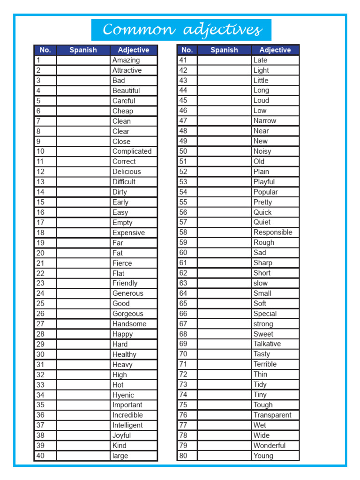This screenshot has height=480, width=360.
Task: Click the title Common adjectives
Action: (x=181, y=30)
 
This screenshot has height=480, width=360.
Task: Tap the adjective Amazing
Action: (x=126, y=60)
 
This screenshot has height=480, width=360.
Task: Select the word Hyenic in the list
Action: (x=123, y=395)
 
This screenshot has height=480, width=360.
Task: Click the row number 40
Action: (x=40, y=456)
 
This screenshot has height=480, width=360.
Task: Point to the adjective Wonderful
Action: (x=269, y=445)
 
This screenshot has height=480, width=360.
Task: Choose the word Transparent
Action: (x=272, y=415)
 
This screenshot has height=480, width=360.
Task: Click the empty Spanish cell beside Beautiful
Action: (x=83, y=90)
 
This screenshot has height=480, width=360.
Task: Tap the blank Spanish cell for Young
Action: (x=224, y=456)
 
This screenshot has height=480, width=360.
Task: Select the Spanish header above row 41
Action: (x=224, y=50)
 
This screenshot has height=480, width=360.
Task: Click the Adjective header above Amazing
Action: (x=134, y=50)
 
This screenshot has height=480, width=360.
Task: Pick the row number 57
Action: (x=183, y=222)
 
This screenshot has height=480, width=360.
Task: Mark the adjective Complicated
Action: (x=132, y=151)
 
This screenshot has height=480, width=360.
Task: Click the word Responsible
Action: (x=272, y=232)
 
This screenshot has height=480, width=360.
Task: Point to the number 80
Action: (x=183, y=456)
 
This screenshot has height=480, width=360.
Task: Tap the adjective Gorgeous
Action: (x=127, y=314)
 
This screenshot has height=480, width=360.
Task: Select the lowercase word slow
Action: (x=260, y=283)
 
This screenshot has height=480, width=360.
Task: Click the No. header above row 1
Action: (x=45, y=50)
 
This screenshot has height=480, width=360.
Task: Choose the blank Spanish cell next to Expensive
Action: (x=83, y=232)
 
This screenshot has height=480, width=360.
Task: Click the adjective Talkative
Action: (x=267, y=344)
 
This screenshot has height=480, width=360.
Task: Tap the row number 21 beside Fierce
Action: (x=40, y=263)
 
